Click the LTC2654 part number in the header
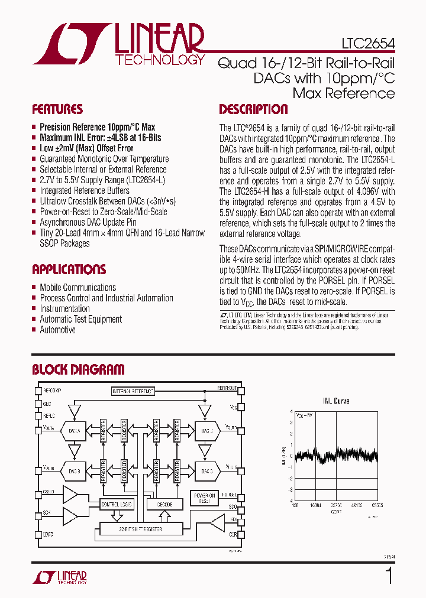pyautogui.click(x=367, y=43)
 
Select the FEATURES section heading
pyautogui.click(x=57, y=109)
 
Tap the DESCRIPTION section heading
pyautogui.click(x=253, y=109)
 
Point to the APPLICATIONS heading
pyautogui.click(x=69, y=269)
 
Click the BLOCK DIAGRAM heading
pyautogui.click(x=78, y=370)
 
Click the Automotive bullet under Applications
pyautogui.click(x=57, y=330)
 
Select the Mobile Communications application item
pyautogui.click(x=78, y=287)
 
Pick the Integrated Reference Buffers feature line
pyautogui.click(x=84, y=190)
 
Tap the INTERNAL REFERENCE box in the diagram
pyautogui.click(x=133, y=391)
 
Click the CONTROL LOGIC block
pyautogui.click(x=117, y=504)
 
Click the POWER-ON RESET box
pyautogui.click(x=204, y=498)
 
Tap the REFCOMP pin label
pyautogui.click(x=52, y=391)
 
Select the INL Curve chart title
pyautogui.click(x=335, y=401)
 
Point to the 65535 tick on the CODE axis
pyautogui.click(x=377, y=506)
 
